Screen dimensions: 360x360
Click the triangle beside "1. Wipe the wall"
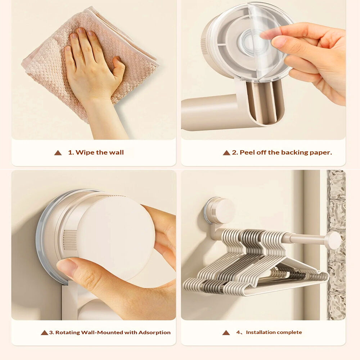point(58,153)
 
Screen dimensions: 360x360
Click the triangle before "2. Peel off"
point(226,153)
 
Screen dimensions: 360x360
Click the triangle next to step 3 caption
point(44,333)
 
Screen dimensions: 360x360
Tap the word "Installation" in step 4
point(261,332)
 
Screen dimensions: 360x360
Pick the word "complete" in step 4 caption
point(289,332)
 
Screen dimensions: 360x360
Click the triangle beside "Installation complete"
point(226,333)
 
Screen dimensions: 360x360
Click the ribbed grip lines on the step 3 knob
point(70,240)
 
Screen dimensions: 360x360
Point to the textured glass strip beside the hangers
point(336,245)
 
